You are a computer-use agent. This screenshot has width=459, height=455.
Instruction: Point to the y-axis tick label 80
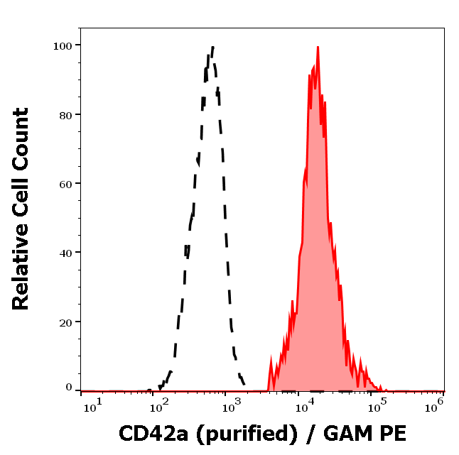tap(65, 114)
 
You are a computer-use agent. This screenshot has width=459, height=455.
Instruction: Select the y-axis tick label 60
tap(65, 183)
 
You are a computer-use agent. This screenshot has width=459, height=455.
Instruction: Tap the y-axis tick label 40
tap(65, 252)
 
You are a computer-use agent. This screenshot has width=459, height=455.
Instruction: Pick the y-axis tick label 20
tap(65, 322)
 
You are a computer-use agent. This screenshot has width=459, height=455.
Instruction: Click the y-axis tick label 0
tap(69, 388)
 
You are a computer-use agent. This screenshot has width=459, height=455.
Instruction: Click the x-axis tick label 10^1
tap(92, 405)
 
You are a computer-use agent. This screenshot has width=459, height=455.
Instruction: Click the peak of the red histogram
tap(318, 48)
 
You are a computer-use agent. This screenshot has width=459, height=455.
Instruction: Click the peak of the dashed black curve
tap(212, 48)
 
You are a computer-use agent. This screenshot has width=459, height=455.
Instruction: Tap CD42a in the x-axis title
tap(148, 433)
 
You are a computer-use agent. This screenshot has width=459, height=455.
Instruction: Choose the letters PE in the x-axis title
tap(392, 433)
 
